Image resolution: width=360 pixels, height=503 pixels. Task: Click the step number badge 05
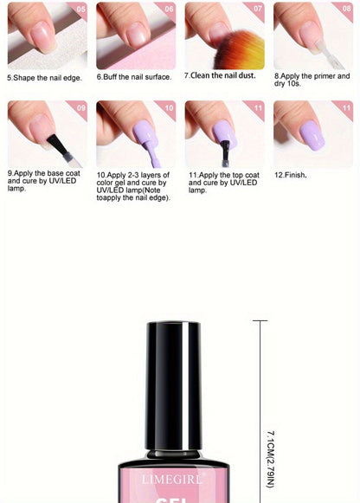(80, 9)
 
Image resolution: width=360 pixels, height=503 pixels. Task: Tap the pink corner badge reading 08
(346, 9)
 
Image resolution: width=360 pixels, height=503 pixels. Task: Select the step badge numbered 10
(169, 107)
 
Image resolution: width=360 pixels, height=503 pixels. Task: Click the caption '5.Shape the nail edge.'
(44, 78)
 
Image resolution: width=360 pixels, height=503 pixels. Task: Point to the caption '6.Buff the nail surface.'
(134, 77)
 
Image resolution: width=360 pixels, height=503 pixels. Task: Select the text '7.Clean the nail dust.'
(220, 75)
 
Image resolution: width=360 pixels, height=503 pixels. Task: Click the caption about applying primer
(312, 80)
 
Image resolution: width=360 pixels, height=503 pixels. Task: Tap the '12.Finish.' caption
(291, 175)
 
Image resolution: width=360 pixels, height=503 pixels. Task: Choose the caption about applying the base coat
(43, 181)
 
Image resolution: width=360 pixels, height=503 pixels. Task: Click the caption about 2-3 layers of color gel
(133, 186)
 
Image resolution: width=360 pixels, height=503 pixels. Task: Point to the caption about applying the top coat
(224, 183)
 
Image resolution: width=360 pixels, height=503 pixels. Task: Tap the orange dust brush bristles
(240, 50)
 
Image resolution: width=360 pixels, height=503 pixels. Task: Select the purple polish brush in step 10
(153, 154)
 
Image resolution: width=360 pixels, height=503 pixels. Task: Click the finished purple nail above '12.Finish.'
(312, 136)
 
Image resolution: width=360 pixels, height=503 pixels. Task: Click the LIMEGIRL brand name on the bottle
(172, 480)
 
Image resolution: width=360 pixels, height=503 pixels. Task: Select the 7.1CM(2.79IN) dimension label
(271, 460)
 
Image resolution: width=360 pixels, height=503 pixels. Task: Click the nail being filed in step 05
(44, 36)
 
